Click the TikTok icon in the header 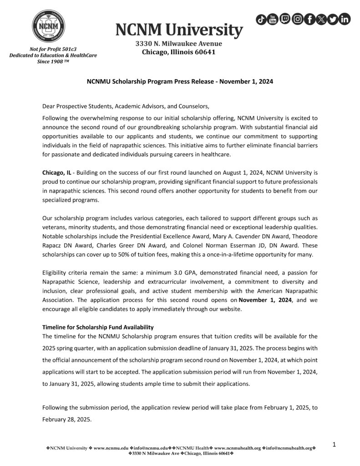pyautogui.click(x=262, y=19)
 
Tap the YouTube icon pyautogui.click(x=273, y=19)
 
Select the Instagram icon pyautogui.click(x=297, y=19)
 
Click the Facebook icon pyautogui.click(x=309, y=19)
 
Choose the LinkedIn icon pyautogui.click(x=345, y=19)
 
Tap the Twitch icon pyautogui.click(x=285, y=19)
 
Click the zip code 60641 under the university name pyautogui.click(x=204, y=52)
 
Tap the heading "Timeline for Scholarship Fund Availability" pyautogui.click(x=98, y=327)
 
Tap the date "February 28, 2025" pyautogui.click(x=66, y=420)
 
